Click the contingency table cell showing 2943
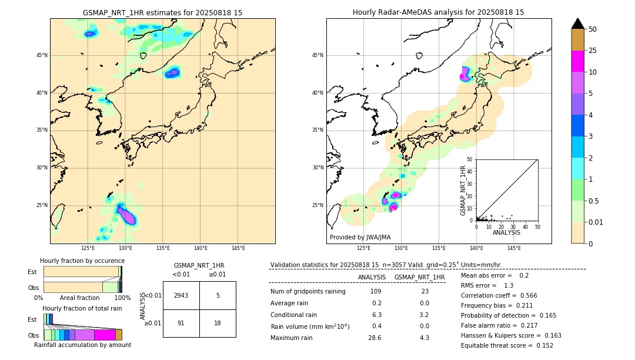click(181, 295)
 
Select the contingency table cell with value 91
click(181, 323)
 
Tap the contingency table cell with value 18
click(218, 323)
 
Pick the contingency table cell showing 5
click(218, 295)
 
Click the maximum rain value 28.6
click(375, 338)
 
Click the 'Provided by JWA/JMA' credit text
click(360, 237)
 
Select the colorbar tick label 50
click(593, 29)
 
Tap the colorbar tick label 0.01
click(596, 222)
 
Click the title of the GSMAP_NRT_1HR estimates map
click(162, 12)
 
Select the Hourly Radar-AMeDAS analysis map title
click(439, 12)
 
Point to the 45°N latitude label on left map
click(42, 55)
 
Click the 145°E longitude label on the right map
click(514, 248)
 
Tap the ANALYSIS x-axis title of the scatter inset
click(506, 232)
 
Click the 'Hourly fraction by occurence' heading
click(82, 261)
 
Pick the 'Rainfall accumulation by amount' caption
click(82, 345)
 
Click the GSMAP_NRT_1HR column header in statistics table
click(419, 277)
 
